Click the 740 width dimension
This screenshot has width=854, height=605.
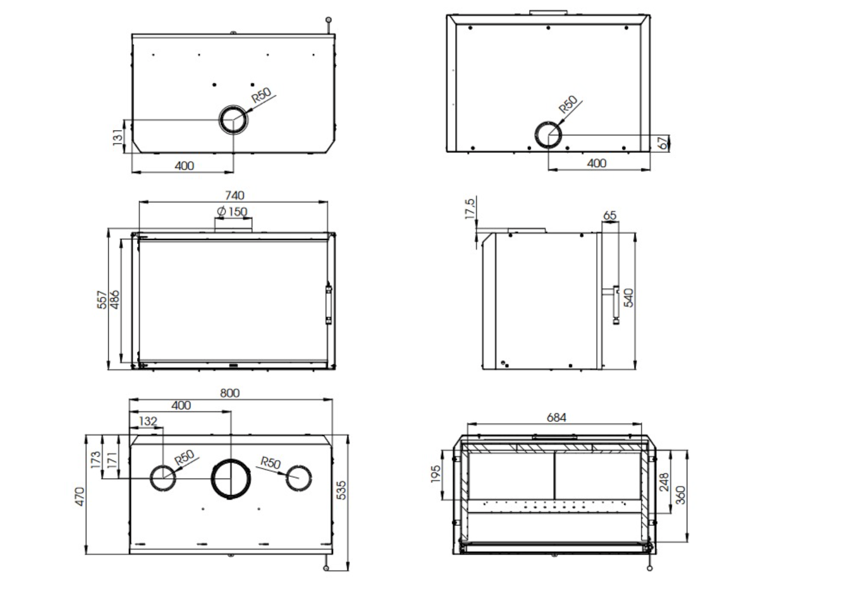pyautogui.click(x=234, y=195)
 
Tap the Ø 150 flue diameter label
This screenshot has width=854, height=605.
pyautogui.click(x=232, y=211)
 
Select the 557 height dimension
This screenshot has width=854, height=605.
pyautogui.click(x=102, y=300)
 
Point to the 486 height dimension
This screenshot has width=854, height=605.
pyautogui.click(x=115, y=300)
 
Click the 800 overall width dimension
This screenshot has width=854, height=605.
pyautogui.click(x=230, y=393)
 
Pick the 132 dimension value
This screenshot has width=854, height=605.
pyautogui.click(x=148, y=421)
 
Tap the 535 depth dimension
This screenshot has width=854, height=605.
pyautogui.click(x=342, y=490)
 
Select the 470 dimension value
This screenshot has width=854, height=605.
pyautogui.click(x=80, y=496)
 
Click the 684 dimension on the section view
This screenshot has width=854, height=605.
pyautogui.click(x=556, y=418)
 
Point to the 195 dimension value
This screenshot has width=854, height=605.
pyautogui.click(x=436, y=474)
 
